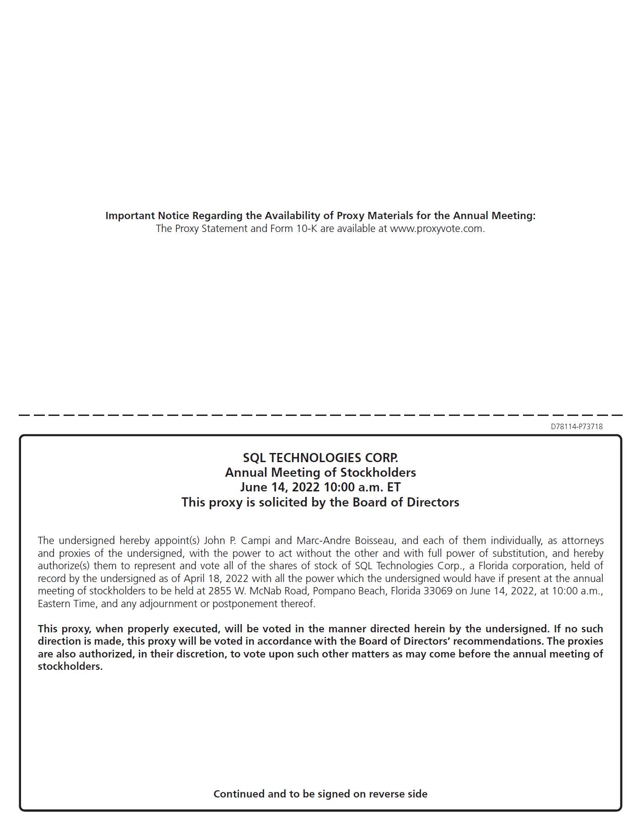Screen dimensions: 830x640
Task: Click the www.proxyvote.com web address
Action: point(437,229)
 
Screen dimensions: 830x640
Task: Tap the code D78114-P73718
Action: point(576,426)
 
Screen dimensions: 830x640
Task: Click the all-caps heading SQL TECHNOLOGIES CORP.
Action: point(320,458)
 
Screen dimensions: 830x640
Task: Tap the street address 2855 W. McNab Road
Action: point(258,591)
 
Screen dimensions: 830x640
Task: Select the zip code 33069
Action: point(437,591)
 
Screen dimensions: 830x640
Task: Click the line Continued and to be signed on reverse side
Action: point(320,794)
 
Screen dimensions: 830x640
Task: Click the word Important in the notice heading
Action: point(130,216)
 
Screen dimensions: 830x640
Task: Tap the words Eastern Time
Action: point(66,604)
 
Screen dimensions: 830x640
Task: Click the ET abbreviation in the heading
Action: point(394,487)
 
